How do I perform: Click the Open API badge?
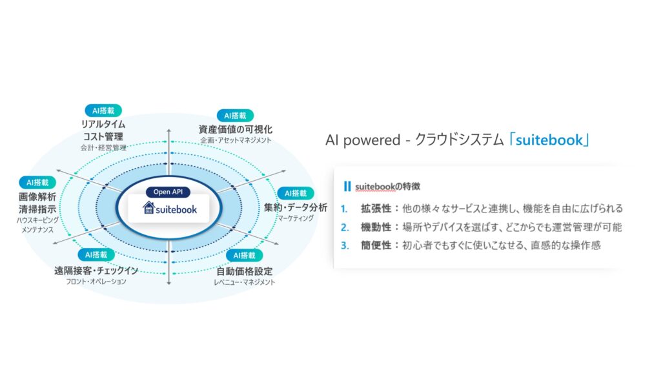tap(168, 192)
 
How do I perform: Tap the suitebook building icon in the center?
tap(148, 209)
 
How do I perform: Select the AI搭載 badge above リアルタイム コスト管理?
tap(103, 110)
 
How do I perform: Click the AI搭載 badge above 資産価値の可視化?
tap(235, 115)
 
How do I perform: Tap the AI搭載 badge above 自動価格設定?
tap(245, 255)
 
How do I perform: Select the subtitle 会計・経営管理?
tap(103, 147)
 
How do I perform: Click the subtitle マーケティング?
tap(296, 218)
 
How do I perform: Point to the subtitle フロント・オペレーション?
tap(96, 282)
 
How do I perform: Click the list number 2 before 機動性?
tap(345, 227)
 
